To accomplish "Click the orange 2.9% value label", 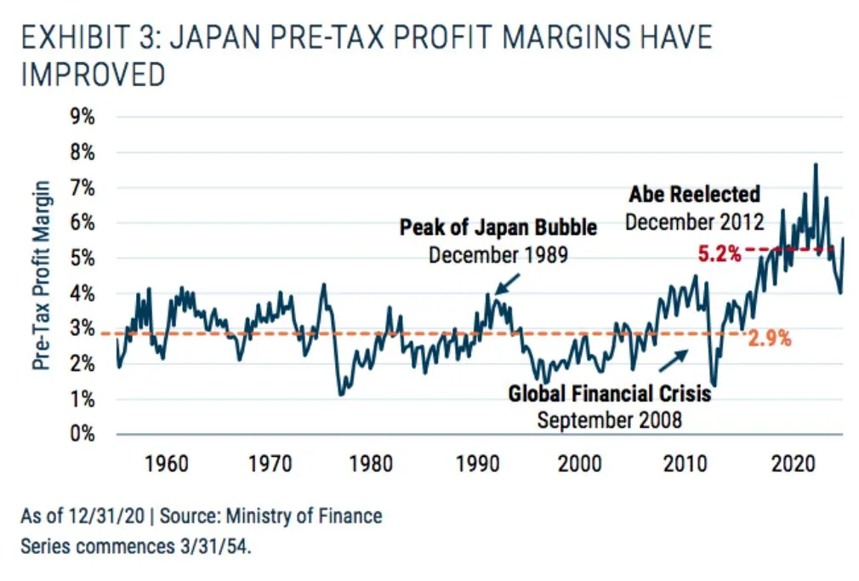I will [770, 338].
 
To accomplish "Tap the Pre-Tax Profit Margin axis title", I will [40, 275].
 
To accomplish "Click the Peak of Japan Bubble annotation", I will [498, 228].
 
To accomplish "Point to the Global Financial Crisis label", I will [609, 394].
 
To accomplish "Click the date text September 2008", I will [609, 419].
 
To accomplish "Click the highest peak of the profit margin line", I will [816, 165].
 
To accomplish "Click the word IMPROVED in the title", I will [93, 75].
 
